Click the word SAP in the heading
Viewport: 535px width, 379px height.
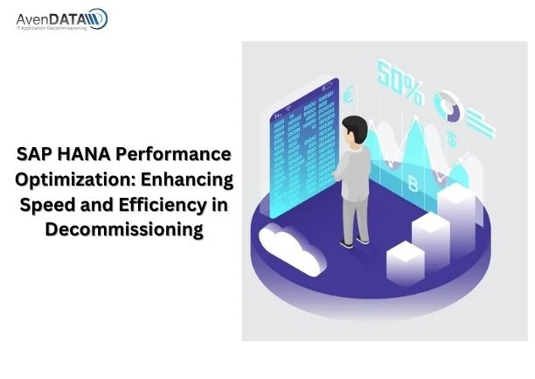(x=35, y=155)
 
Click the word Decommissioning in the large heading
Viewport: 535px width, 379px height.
(x=125, y=231)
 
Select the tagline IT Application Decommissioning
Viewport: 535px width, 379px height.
(x=50, y=29)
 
